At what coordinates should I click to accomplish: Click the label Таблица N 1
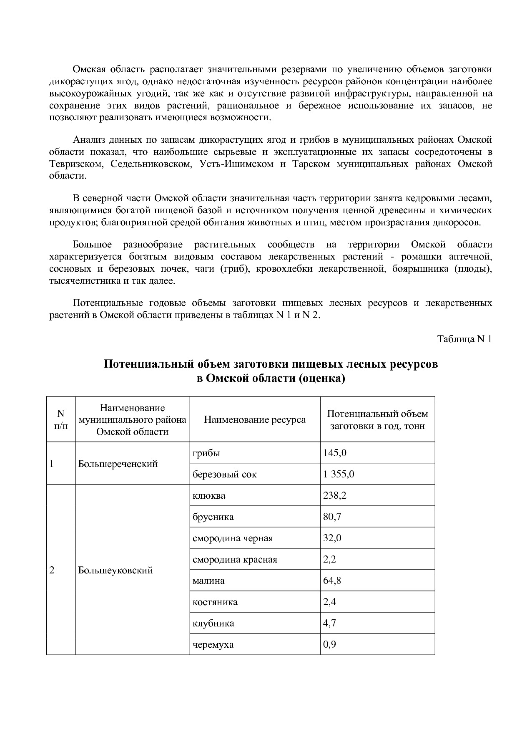[x=464, y=339]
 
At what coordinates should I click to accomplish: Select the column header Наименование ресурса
[x=255, y=419]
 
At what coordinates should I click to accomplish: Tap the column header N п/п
[x=61, y=419]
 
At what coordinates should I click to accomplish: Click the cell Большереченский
[x=118, y=464]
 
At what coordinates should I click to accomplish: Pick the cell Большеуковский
[x=115, y=570]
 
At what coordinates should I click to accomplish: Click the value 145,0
[x=335, y=453]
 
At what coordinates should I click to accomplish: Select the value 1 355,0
[x=339, y=474]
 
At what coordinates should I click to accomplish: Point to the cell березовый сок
[x=224, y=474]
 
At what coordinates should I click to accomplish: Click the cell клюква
[x=209, y=495]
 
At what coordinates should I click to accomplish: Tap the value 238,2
[x=335, y=495]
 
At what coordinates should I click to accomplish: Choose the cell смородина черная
[x=233, y=538]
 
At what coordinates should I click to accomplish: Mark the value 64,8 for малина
[x=332, y=581]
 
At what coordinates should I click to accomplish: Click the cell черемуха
[x=213, y=644]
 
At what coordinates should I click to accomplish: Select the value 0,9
[x=329, y=644]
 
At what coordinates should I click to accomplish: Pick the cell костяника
[x=215, y=602]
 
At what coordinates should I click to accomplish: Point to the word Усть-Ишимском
[x=236, y=164]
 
